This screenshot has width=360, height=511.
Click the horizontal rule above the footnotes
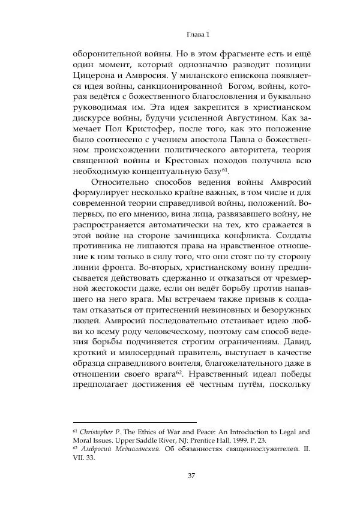click(134, 422)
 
